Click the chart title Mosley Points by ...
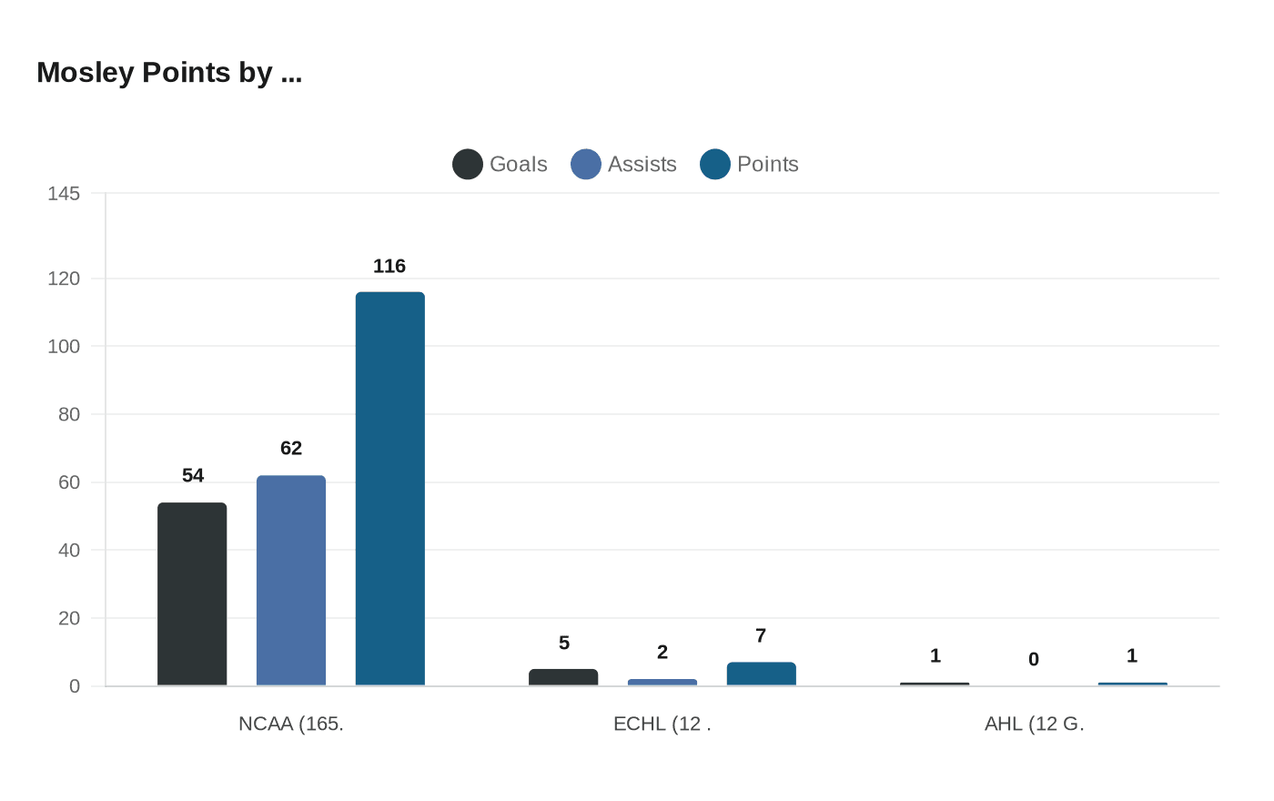[169, 73]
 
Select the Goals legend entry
[500, 164]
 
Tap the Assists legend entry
[624, 164]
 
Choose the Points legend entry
[750, 164]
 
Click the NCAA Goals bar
[192, 593]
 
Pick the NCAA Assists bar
[291, 580]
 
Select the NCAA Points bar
[389, 489]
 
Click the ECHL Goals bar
[563, 677]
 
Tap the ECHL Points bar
[761, 674]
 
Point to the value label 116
[389, 266]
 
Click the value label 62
[291, 448]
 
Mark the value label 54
[193, 475]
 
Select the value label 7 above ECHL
[761, 635]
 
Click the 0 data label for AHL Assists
[1034, 659]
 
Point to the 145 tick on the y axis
[64, 193]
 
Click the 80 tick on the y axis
[69, 414]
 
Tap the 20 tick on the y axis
[69, 618]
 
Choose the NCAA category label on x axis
[291, 724]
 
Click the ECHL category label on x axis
[662, 724]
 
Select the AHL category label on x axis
[1034, 724]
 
